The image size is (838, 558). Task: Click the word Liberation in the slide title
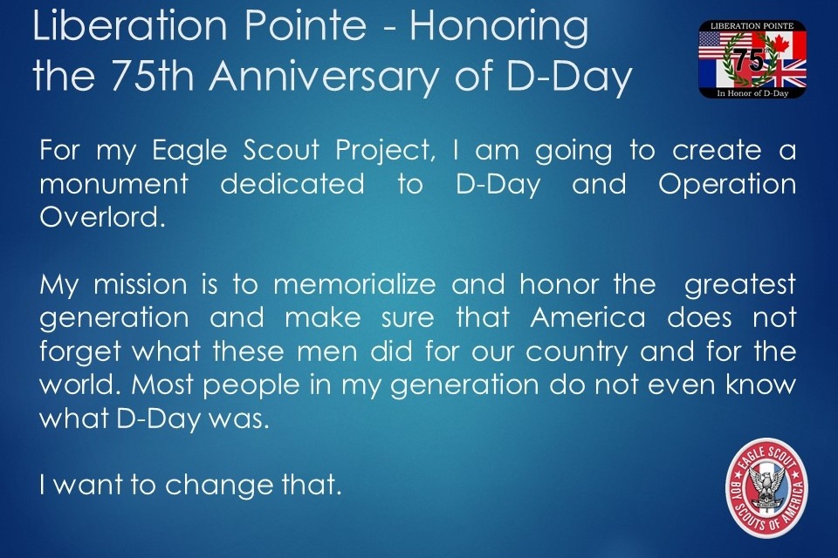tap(130, 25)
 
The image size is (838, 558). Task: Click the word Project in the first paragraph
tap(385, 152)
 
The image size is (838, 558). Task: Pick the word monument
tap(113, 185)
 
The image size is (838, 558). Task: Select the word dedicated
tap(292, 184)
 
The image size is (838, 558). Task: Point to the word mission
tap(141, 284)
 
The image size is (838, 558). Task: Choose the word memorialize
tap(355, 284)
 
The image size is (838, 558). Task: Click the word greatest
tap(740, 286)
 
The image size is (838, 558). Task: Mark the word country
tap(577, 353)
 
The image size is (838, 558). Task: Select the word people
tap(251, 386)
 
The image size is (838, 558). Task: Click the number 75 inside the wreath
tap(749, 60)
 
